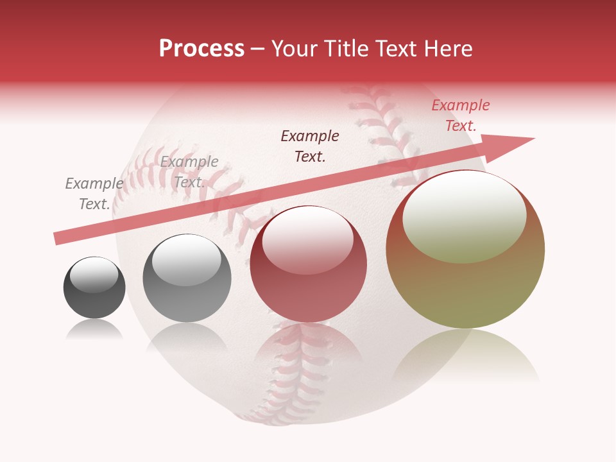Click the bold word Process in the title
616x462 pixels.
click(x=201, y=49)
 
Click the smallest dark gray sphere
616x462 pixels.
click(x=94, y=287)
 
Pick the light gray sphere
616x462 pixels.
click(x=186, y=278)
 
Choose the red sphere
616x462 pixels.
click(x=308, y=264)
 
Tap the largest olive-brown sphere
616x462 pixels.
click(x=465, y=250)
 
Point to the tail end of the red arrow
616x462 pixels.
click(x=59, y=238)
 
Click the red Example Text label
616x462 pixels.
click(x=461, y=116)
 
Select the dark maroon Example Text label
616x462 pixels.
click(x=310, y=146)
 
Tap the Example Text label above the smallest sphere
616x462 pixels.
click(x=94, y=194)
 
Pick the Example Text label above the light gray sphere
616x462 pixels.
click(x=189, y=172)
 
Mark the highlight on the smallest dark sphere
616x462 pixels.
click(x=94, y=275)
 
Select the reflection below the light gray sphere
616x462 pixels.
click(x=186, y=338)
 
